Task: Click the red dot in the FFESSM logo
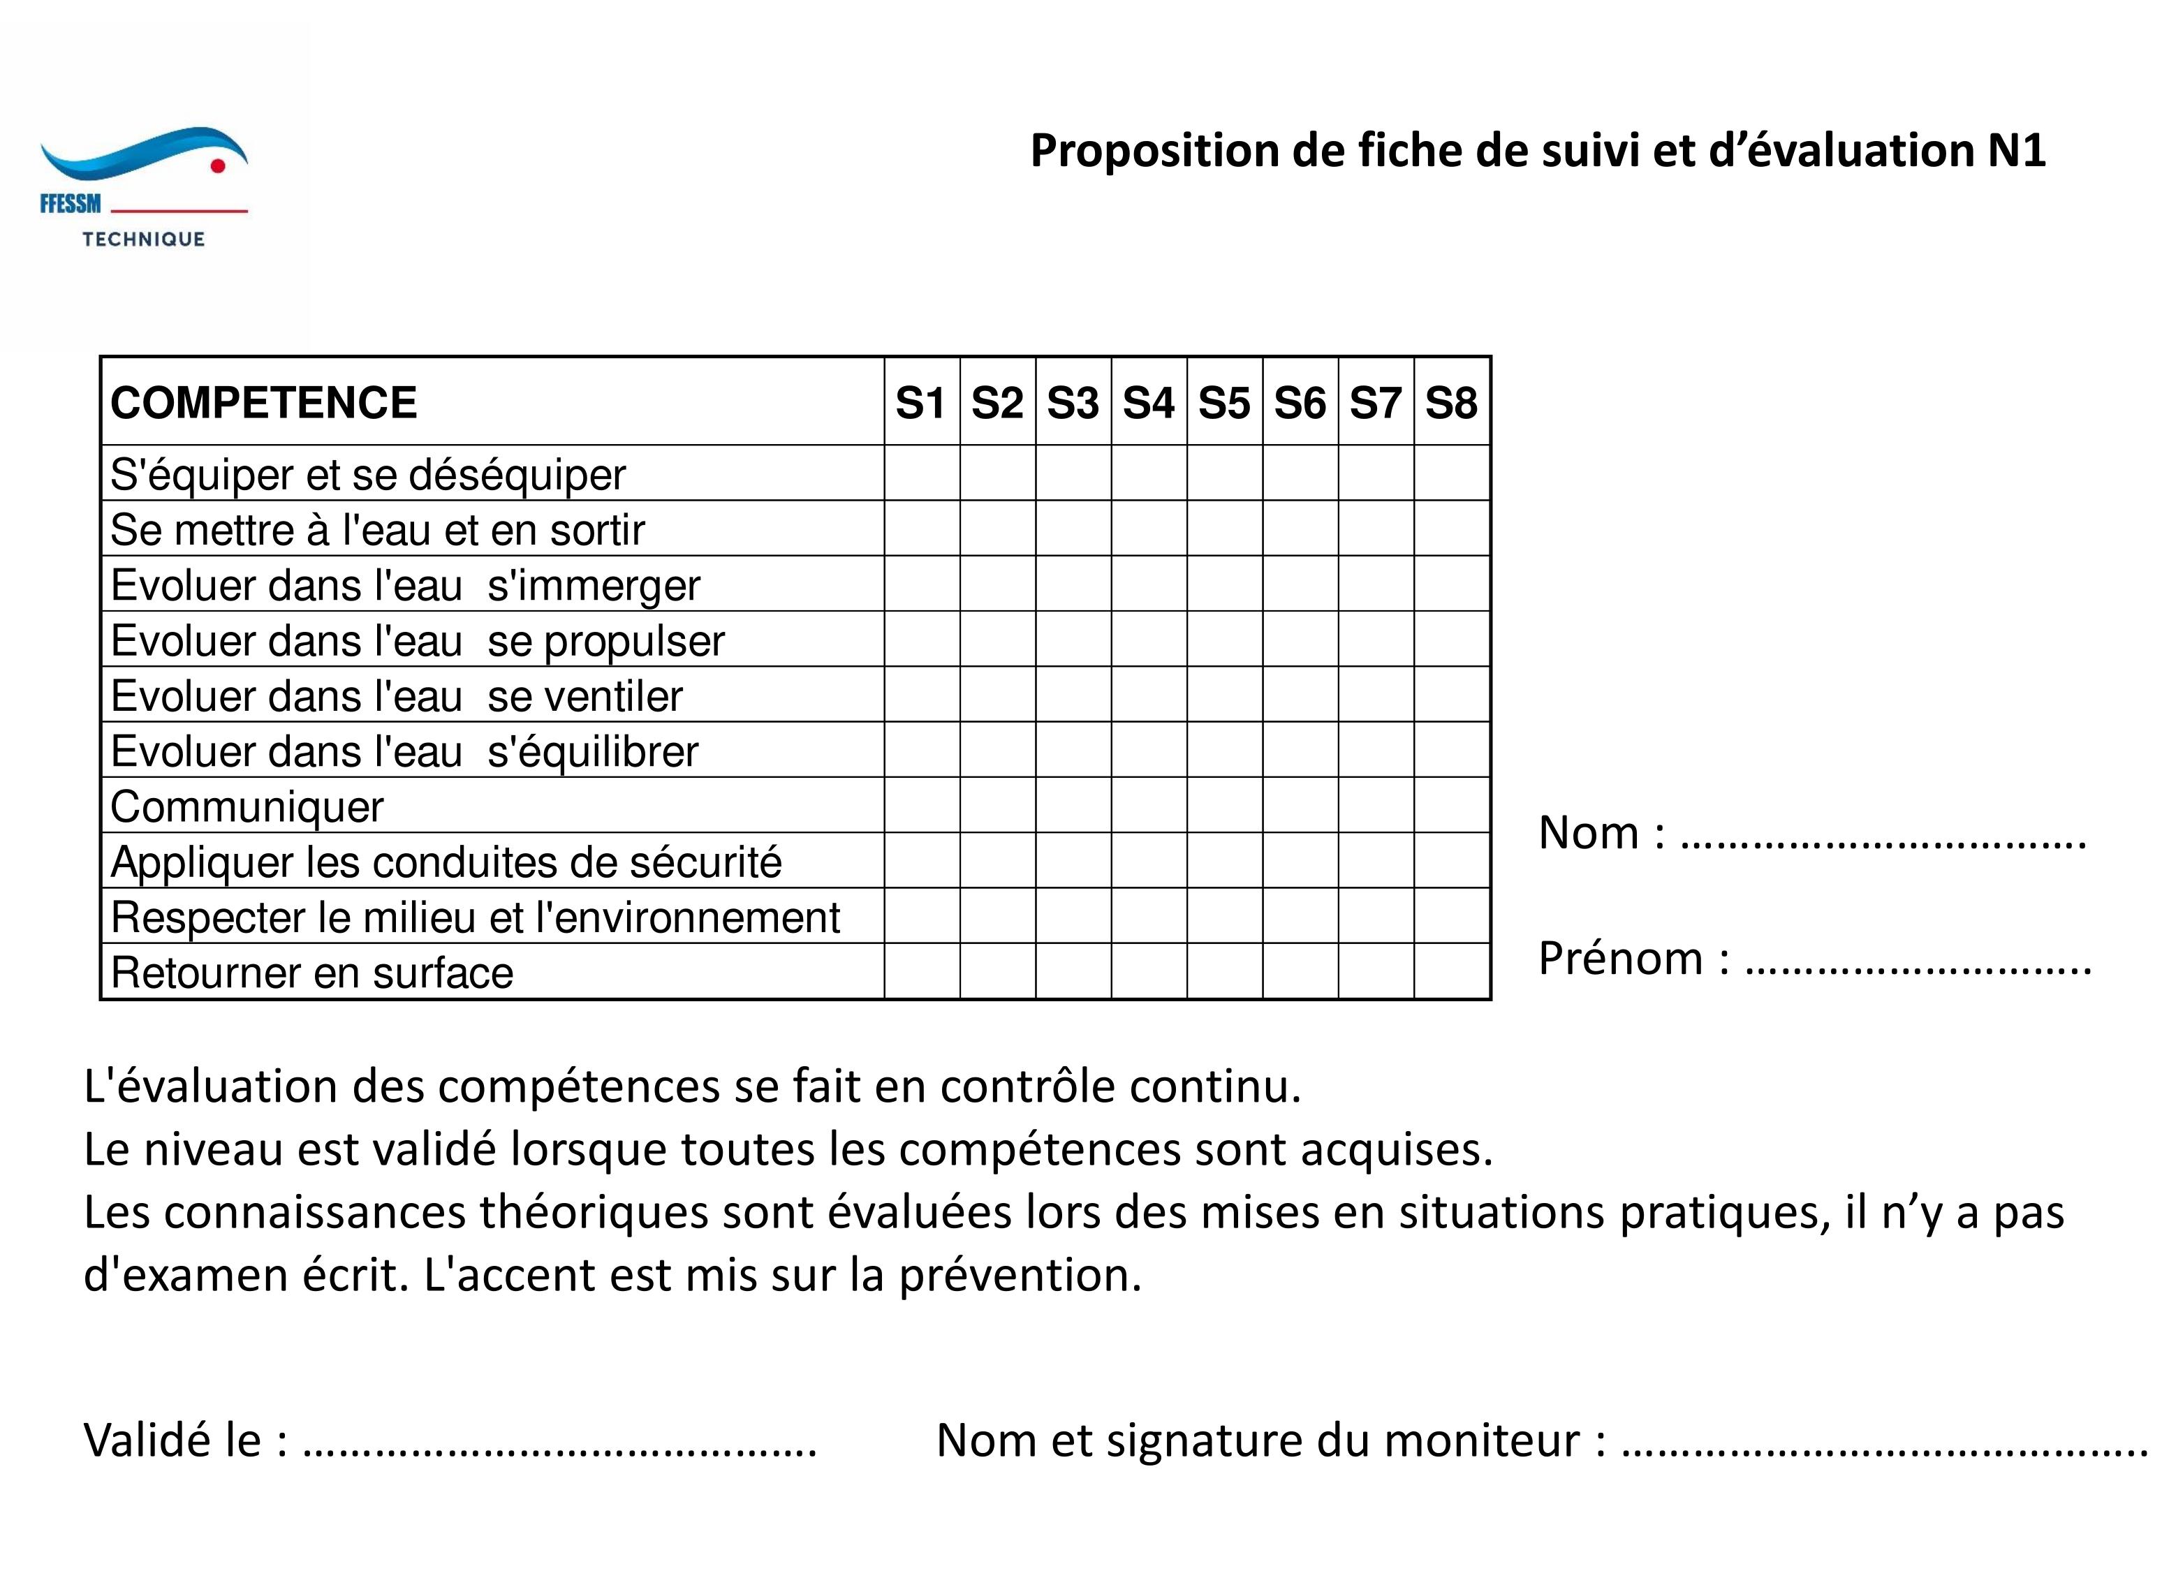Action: click(217, 166)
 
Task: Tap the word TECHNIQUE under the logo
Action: click(144, 239)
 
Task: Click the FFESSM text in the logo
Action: click(71, 204)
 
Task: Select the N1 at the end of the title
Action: click(2016, 152)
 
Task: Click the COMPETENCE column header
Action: click(264, 402)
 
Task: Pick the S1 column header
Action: click(921, 402)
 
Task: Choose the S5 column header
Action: click(1224, 402)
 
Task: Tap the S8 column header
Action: click(1451, 402)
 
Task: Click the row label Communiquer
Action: click(247, 807)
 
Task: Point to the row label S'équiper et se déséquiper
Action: click(368, 475)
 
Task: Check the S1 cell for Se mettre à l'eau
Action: click(922, 528)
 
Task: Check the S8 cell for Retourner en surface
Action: click(1452, 971)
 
